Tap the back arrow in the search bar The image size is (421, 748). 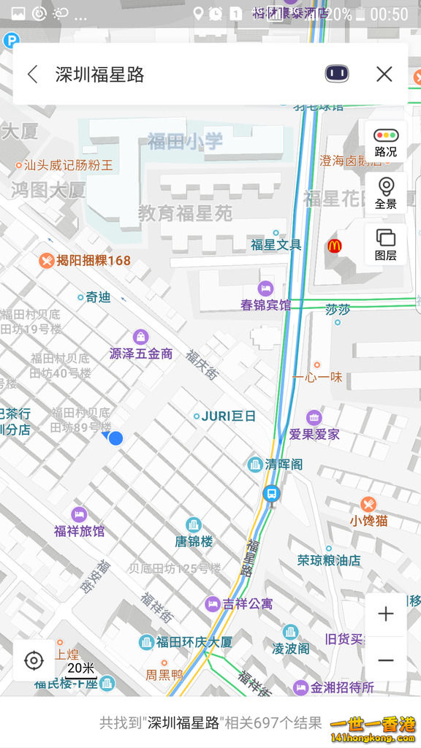click(32, 74)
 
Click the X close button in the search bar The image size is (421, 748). click(384, 74)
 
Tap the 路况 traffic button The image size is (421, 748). click(385, 142)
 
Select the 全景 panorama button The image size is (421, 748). click(385, 193)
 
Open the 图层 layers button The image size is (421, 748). click(385, 245)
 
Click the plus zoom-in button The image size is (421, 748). click(385, 614)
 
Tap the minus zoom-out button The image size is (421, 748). click(385, 660)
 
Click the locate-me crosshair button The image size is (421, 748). click(34, 661)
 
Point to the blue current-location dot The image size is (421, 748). click(115, 438)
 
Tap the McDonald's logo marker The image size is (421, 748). click(333, 246)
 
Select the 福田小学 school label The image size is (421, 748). click(185, 141)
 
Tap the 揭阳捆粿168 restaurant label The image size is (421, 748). click(85, 260)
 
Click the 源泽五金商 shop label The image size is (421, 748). click(141, 353)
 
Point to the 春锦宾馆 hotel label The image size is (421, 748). click(265, 305)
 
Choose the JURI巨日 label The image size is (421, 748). click(228, 416)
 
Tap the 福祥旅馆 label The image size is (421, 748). click(79, 530)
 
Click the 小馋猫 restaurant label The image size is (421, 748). click(368, 520)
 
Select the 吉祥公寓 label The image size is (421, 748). click(248, 604)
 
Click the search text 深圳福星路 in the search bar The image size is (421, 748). click(99, 75)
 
